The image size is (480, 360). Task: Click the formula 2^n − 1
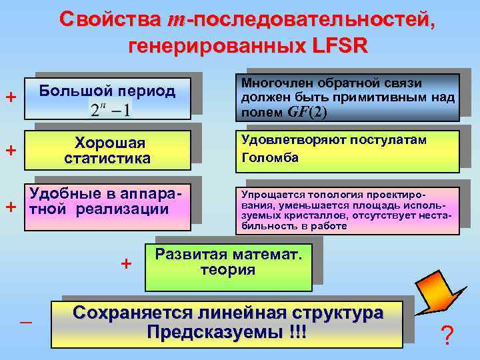(111, 109)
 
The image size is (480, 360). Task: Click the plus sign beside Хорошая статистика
(11, 151)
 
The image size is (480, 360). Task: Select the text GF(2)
(307, 111)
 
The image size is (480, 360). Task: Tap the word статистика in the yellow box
(107, 159)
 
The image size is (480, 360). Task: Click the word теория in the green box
(227, 269)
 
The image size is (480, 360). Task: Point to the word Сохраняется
(141, 313)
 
